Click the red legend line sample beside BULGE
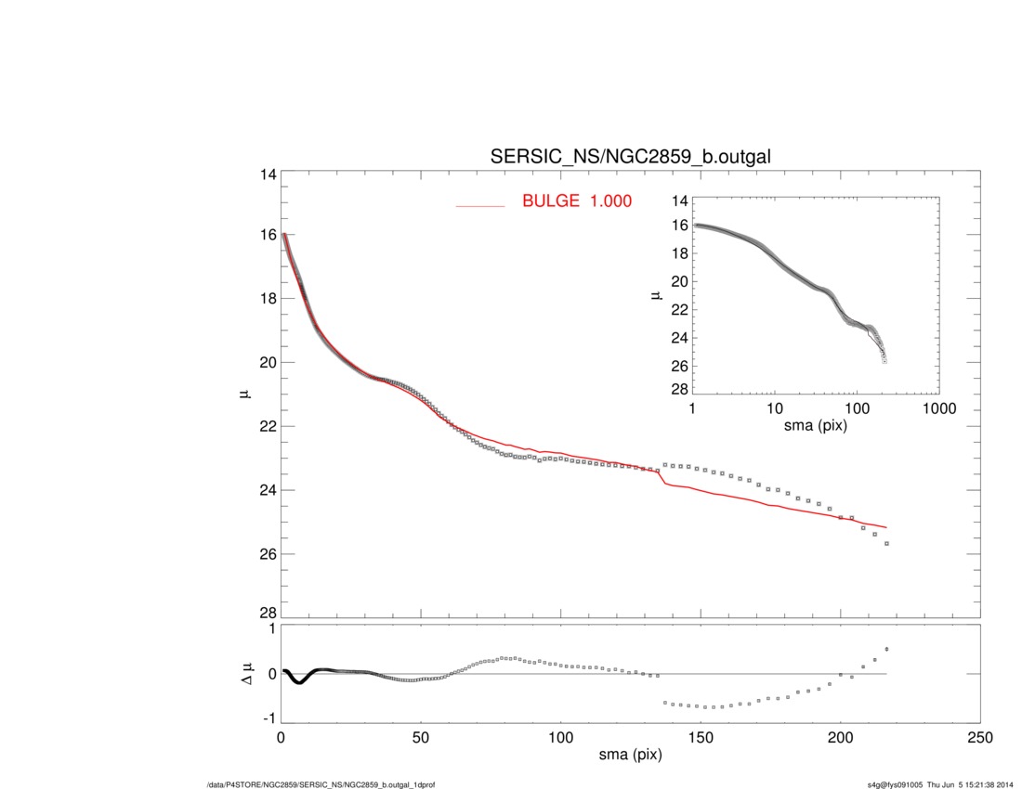click(x=479, y=205)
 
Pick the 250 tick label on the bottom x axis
click(x=979, y=738)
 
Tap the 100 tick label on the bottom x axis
click(x=560, y=738)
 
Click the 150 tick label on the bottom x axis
click(x=700, y=738)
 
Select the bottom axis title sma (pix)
click(x=630, y=757)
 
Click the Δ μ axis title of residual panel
click(x=243, y=675)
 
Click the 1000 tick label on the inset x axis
click(x=938, y=408)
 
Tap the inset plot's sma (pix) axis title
click(x=815, y=426)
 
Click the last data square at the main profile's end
click(x=887, y=543)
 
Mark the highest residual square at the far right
click(x=887, y=649)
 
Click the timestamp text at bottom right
click(x=939, y=785)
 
